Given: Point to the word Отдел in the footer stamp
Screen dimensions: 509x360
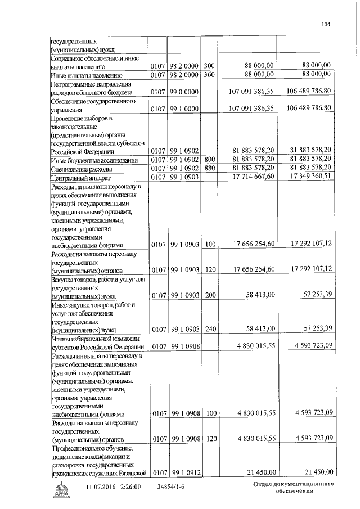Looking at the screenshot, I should click(263, 484).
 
